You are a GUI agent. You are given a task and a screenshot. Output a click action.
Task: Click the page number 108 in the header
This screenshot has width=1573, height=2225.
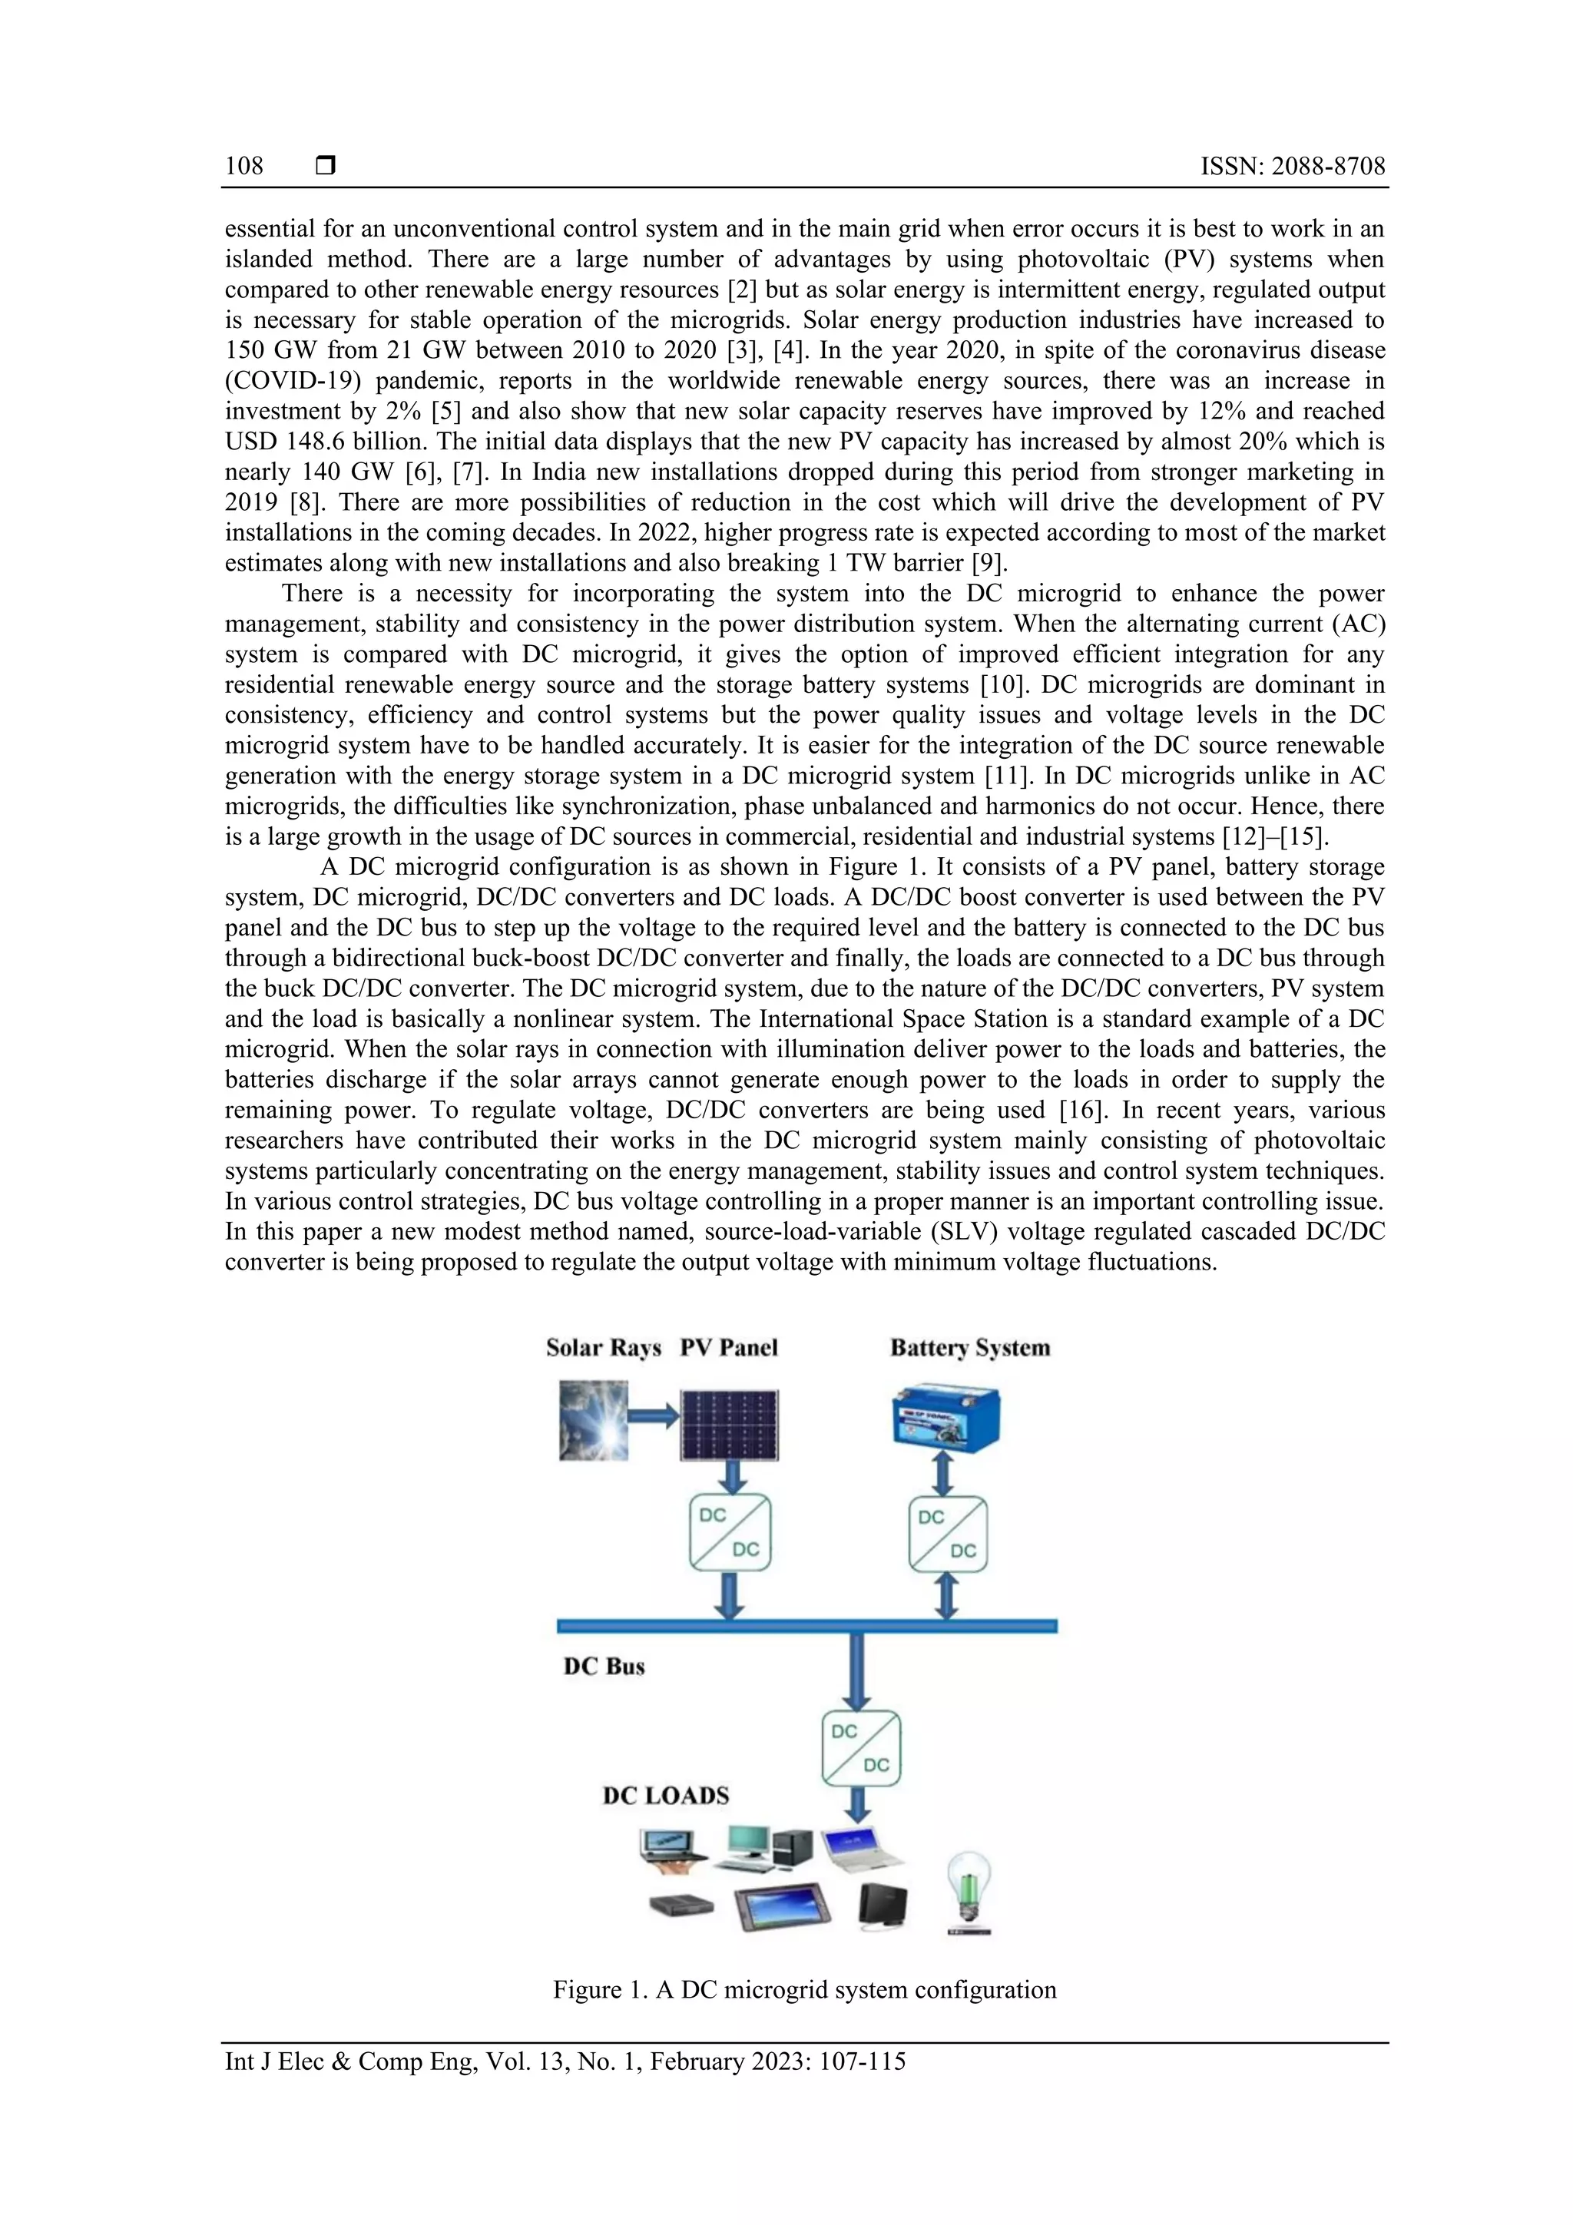click(244, 166)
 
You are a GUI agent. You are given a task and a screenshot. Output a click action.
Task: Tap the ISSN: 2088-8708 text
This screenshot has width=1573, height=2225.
click(1292, 166)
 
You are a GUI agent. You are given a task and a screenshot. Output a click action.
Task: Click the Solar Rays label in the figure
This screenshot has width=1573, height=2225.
click(603, 1348)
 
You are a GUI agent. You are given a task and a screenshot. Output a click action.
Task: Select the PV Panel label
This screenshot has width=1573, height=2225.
click(729, 1348)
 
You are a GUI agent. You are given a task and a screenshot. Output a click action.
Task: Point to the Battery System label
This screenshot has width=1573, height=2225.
click(970, 1348)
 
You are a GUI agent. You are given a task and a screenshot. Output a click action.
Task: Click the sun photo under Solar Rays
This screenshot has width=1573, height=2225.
click(593, 1421)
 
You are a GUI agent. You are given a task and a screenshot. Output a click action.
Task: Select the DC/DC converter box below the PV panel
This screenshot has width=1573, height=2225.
click(730, 1533)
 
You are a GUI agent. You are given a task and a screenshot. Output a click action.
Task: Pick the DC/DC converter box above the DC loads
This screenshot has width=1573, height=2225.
click(861, 1748)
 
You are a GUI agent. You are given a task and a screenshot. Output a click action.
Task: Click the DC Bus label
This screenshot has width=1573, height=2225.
click(604, 1666)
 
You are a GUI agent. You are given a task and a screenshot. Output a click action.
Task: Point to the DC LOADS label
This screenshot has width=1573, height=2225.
click(666, 1795)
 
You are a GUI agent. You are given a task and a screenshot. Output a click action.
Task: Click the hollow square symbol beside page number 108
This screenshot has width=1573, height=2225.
click(326, 166)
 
